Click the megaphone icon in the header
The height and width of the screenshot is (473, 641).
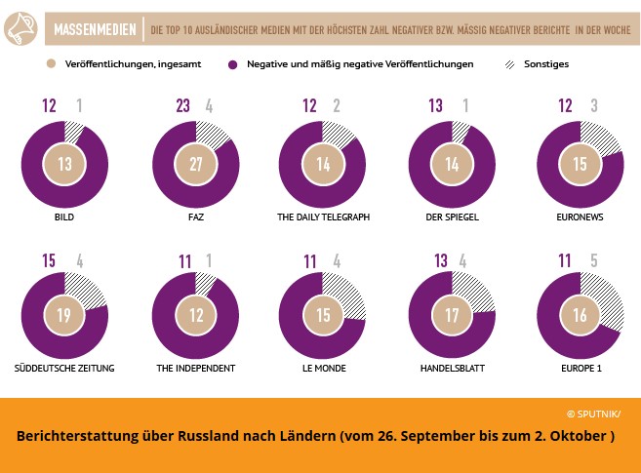pyautogui.click(x=33, y=30)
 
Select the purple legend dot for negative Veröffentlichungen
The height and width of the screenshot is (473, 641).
pyautogui.click(x=234, y=64)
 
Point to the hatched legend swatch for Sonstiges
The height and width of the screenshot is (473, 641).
pyautogui.click(x=509, y=64)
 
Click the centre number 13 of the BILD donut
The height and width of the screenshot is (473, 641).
pyautogui.click(x=64, y=164)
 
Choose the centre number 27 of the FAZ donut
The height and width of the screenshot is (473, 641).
pyautogui.click(x=195, y=164)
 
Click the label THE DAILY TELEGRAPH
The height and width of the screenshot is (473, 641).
pyautogui.click(x=322, y=217)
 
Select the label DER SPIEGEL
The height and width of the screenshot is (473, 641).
pyautogui.click(x=451, y=217)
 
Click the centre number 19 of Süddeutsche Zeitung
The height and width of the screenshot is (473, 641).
pyautogui.click(x=64, y=315)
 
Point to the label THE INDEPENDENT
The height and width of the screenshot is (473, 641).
pyautogui.click(x=195, y=368)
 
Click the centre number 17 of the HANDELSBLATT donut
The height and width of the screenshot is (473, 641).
pyautogui.click(x=451, y=315)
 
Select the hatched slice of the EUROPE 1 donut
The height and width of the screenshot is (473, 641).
pyautogui.click(x=607, y=297)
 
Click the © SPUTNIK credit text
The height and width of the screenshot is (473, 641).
pyautogui.click(x=592, y=414)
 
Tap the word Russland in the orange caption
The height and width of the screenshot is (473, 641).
pyautogui.click(x=225, y=436)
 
